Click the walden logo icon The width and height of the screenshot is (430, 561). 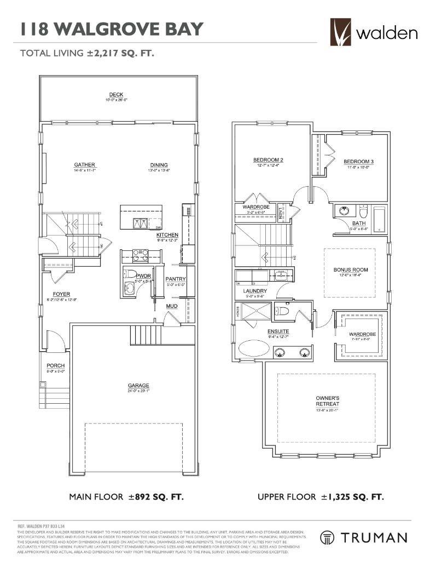(341, 32)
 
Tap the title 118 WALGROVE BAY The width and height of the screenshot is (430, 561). (111, 29)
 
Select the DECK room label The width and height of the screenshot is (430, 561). (116, 95)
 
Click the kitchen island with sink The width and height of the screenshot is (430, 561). (141, 217)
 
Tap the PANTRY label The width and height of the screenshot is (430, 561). (176, 279)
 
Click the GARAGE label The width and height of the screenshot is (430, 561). (135, 385)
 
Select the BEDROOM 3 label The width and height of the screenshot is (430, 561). (358, 162)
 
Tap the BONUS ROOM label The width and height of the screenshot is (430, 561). (351, 270)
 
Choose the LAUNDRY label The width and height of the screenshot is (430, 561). (255, 291)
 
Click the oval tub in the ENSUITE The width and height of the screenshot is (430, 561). (253, 349)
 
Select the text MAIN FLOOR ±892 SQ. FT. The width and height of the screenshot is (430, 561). (126, 497)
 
